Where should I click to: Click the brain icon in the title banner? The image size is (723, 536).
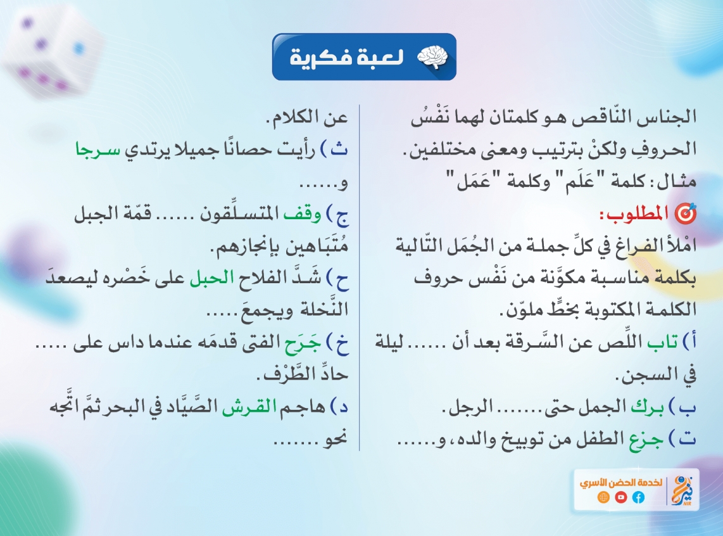tap(432, 58)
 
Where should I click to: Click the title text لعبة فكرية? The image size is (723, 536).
tap(347, 58)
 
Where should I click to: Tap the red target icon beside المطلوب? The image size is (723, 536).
tap(685, 214)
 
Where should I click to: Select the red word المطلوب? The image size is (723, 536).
tap(634, 214)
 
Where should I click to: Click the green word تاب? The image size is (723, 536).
tap(662, 341)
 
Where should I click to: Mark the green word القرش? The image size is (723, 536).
tap(249, 407)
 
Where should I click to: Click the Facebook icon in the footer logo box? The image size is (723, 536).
tap(638, 497)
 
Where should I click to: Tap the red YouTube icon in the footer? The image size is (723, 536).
tap(620, 497)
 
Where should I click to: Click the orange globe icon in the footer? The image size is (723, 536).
tap(603, 497)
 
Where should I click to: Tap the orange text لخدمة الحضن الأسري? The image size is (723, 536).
tap(620, 483)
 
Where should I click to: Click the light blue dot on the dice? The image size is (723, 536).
tap(79, 48)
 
